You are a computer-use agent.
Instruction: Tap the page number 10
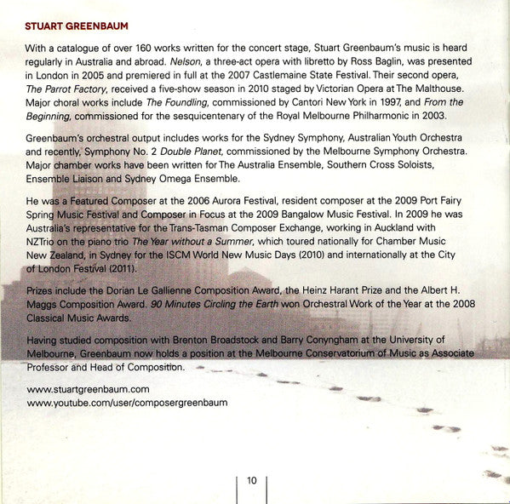click(x=252, y=480)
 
